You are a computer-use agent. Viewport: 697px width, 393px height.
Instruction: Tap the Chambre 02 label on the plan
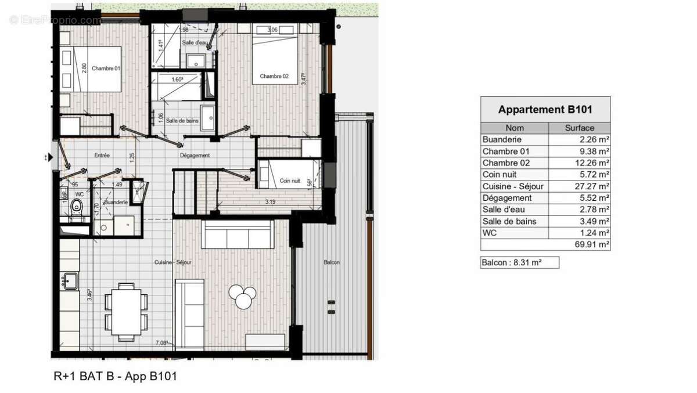coord(274,77)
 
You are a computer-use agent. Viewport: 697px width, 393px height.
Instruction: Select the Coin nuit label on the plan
coord(290,181)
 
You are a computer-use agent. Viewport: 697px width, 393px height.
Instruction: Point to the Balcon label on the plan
coord(331,262)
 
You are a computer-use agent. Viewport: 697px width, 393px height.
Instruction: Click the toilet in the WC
coord(76,206)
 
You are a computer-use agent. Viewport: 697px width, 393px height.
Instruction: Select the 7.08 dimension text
coord(161,344)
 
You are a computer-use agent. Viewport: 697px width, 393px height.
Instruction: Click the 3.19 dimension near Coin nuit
coord(270,202)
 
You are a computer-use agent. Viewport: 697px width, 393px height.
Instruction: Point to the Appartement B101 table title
coord(545,109)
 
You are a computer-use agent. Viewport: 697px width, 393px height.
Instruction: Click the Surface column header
coord(579,128)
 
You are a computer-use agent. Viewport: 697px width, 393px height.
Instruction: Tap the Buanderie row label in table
coord(502,139)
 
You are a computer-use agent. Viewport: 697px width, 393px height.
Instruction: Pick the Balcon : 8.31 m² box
coord(519,262)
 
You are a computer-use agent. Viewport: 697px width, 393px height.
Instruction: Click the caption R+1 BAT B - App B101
coord(115,376)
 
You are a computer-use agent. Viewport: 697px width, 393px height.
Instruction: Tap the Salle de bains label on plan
coord(180,121)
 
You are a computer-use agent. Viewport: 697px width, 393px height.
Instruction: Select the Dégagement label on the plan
coord(195,156)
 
